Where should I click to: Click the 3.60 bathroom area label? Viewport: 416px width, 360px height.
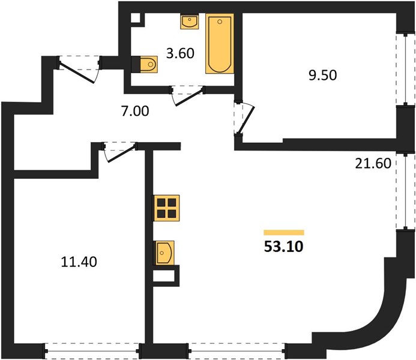pos(181,53)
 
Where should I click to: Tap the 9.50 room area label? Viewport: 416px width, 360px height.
pos(322,75)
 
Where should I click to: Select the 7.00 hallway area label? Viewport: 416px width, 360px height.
pos(135,111)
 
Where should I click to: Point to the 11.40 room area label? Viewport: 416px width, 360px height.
pos(79,262)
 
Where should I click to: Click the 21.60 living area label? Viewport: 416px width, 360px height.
pos(373,163)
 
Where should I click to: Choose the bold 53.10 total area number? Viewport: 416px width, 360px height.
pos(283,247)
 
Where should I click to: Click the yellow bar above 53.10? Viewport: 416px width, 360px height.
pos(284,232)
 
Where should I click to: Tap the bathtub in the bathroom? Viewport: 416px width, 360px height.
pos(220,44)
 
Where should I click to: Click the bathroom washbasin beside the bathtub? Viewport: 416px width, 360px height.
pos(190,22)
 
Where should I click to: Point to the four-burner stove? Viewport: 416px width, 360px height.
pos(166,208)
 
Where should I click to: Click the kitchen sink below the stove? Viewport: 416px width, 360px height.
pos(164,253)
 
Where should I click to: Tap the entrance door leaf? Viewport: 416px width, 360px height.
pos(76,73)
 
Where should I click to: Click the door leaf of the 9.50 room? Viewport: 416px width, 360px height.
pos(247,120)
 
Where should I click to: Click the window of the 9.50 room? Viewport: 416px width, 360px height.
pos(405,69)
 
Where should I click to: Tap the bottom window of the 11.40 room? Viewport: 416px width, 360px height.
pos(92,351)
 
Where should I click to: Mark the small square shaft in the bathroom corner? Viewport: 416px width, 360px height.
pos(136,19)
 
